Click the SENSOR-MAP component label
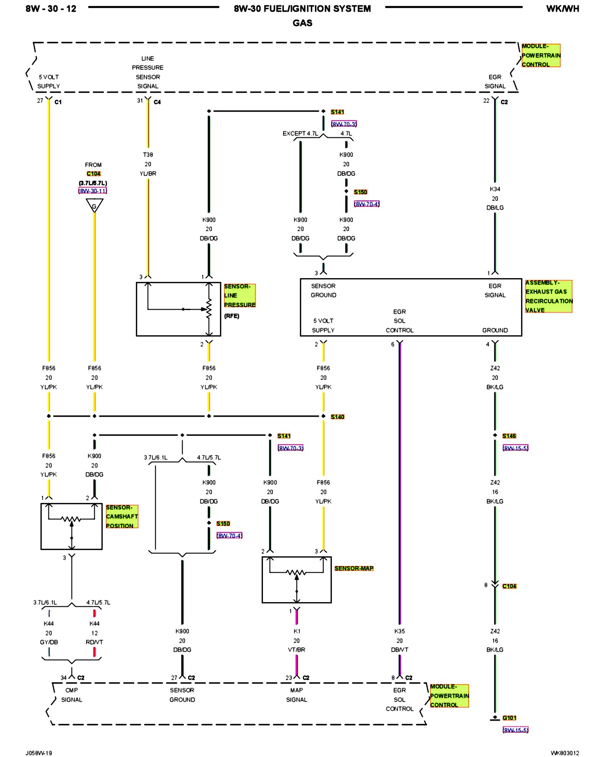pyautogui.click(x=354, y=568)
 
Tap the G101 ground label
pyautogui.click(x=509, y=718)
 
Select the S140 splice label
pyautogui.click(x=337, y=417)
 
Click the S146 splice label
pyautogui.click(x=509, y=436)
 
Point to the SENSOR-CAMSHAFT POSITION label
pyautogui.click(x=122, y=516)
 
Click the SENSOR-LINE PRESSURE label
pyautogui.click(x=239, y=296)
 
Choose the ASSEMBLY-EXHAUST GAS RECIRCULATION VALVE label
pyautogui.click(x=548, y=296)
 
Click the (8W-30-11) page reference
pyautogui.click(x=93, y=191)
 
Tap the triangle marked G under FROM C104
pyautogui.click(x=94, y=206)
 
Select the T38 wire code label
pyautogui.click(x=148, y=155)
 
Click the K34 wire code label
pyautogui.click(x=495, y=189)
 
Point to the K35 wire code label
pyautogui.click(x=399, y=631)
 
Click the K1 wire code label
pyautogui.click(x=297, y=631)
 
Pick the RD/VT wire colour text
pyautogui.click(x=94, y=642)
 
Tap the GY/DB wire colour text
pyautogui.click(x=49, y=642)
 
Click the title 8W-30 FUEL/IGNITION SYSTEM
pyautogui.click(x=302, y=9)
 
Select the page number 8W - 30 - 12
pyautogui.click(x=51, y=9)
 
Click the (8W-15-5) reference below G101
pyautogui.click(x=515, y=730)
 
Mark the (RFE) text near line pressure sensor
pyautogui.click(x=231, y=316)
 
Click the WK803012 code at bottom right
pyautogui.click(x=565, y=753)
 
